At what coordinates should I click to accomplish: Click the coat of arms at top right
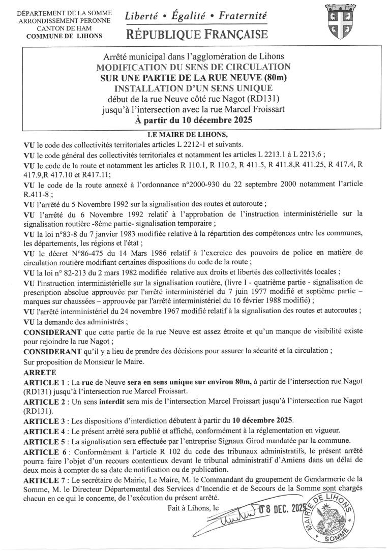pyautogui.click(x=336, y=23)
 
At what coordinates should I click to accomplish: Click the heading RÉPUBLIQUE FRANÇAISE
pyautogui.click(x=198, y=35)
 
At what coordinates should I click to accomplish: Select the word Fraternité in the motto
pyautogui.click(x=243, y=16)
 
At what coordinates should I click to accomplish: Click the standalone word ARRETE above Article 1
pyautogui.click(x=37, y=373)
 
